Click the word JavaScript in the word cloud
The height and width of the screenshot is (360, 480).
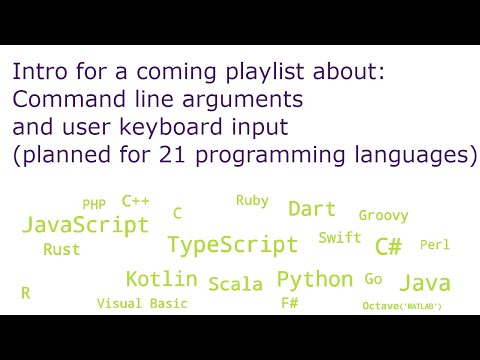[85, 224]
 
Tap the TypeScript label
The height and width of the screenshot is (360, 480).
[232, 245]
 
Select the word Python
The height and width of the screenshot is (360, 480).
[315, 279]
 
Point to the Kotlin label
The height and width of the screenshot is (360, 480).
[161, 279]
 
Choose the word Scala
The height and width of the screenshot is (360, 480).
[236, 284]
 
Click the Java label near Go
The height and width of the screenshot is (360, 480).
[424, 283]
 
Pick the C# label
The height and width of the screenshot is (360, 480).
[388, 246]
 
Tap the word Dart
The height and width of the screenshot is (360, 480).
[312, 209]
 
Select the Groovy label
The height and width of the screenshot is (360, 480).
[383, 215]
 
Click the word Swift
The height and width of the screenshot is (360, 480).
[340, 238]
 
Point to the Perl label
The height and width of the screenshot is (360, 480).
[435, 245]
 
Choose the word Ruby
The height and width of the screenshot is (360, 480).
[252, 201]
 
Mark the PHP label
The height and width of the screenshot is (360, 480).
[94, 205]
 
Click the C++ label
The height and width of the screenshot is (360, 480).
[135, 201]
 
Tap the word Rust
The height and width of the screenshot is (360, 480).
[62, 250]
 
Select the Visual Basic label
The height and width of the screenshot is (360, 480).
[142, 303]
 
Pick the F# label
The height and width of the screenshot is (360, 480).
[290, 303]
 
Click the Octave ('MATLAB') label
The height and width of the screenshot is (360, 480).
[402, 305]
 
